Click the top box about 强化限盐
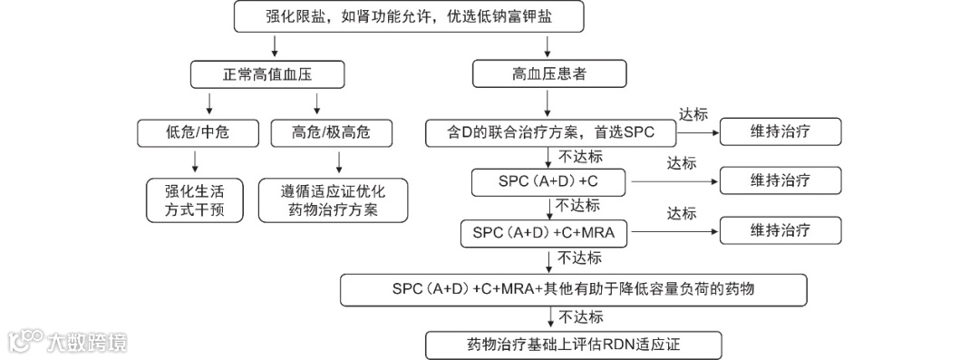(409, 17)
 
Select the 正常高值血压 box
(257, 74)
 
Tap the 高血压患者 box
(548, 74)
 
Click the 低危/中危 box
(197, 133)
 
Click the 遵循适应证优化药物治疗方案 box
(332, 201)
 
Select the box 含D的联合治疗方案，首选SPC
(551, 133)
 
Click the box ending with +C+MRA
(545, 232)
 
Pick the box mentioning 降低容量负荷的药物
(573, 290)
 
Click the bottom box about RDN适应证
(573, 345)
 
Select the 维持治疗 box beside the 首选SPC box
(780, 133)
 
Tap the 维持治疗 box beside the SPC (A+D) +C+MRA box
(780, 231)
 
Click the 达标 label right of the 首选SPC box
(693, 115)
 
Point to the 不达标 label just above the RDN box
(581, 317)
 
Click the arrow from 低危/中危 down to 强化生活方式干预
(196, 161)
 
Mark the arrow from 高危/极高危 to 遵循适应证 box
(338, 161)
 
